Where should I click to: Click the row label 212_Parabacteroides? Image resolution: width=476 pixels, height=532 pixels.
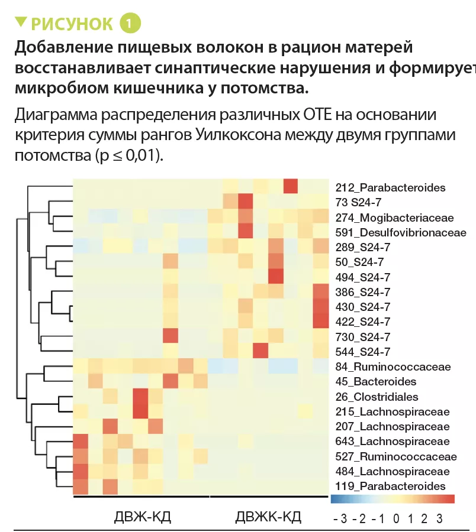390,188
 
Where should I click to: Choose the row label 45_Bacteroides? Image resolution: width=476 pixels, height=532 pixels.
376,381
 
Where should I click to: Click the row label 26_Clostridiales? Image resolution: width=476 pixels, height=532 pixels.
377,397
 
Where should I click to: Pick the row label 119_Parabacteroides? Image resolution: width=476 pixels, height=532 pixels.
390,486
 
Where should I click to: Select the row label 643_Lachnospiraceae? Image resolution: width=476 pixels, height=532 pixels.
393,441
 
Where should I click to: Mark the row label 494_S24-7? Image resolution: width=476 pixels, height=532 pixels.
362,277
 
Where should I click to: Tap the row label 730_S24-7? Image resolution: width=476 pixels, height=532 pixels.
362,337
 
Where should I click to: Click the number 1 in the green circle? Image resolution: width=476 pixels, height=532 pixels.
130,24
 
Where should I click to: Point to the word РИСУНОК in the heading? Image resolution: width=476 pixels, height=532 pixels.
72,24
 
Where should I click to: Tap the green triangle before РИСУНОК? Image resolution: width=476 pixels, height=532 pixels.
21,22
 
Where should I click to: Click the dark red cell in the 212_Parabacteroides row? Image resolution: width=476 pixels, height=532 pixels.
291,186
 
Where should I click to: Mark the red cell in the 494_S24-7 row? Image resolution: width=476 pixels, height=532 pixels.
275,276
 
